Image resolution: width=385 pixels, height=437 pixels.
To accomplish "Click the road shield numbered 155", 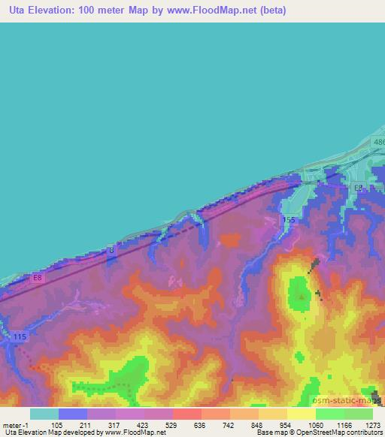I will click(x=290, y=218).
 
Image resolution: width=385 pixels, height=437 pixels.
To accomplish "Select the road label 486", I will click(x=379, y=142).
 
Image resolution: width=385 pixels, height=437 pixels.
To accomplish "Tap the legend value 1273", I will click(x=373, y=424).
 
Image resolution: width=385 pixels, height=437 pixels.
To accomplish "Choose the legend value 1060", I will click(x=315, y=424).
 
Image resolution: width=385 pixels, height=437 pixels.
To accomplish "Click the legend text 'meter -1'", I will click(x=17, y=424).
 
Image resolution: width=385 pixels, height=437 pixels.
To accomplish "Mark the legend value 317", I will click(x=115, y=424).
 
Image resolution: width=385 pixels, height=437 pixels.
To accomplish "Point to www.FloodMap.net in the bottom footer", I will click(x=135, y=432).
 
